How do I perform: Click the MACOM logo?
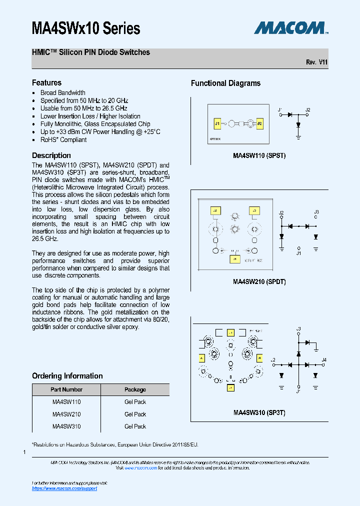(x=290, y=27)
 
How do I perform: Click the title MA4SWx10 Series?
(x=86, y=28)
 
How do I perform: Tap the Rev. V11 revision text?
(x=316, y=62)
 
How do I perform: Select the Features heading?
(x=46, y=82)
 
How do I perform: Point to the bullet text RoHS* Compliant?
(x=63, y=139)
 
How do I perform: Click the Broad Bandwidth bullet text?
(x=63, y=92)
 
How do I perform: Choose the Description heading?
(x=51, y=155)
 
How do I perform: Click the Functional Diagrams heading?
(x=225, y=83)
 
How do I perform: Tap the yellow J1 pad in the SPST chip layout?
(x=217, y=123)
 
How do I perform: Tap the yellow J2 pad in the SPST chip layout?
(x=259, y=123)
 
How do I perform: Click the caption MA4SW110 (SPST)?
(x=259, y=155)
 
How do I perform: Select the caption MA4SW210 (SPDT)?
(x=259, y=281)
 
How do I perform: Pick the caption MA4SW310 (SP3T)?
(x=259, y=413)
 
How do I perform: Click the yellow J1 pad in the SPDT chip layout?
(x=234, y=259)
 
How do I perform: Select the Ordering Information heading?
(x=67, y=375)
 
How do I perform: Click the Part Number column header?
(x=66, y=389)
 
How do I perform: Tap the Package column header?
(x=135, y=389)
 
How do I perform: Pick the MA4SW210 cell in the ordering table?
(x=66, y=414)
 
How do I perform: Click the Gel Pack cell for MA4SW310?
(x=135, y=426)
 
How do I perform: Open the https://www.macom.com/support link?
(x=64, y=488)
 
